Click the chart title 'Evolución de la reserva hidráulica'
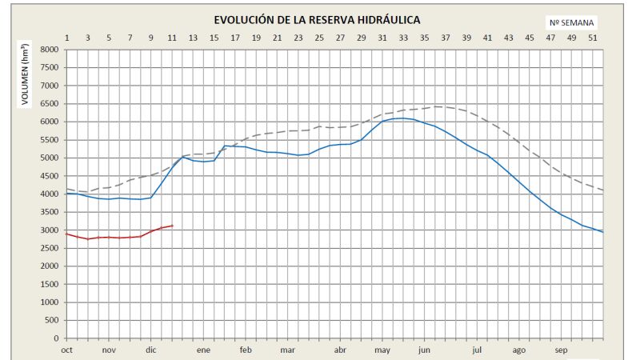(x=317, y=19)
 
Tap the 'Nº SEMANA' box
(x=571, y=22)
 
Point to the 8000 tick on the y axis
(x=50, y=50)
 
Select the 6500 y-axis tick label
(x=50, y=104)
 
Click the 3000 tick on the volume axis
(x=50, y=230)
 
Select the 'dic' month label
(x=151, y=350)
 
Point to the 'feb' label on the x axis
(x=246, y=350)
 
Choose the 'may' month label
(x=382, y=350)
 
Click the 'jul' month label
(x=477, y=350)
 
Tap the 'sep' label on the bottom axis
(x=561, y=350)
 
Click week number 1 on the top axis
(x=66, y=38)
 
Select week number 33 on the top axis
(x=403, y=38)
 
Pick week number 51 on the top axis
(x=592, y=38)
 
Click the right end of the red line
(x=172, y=226)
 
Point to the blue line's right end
(x=603, y=232)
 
